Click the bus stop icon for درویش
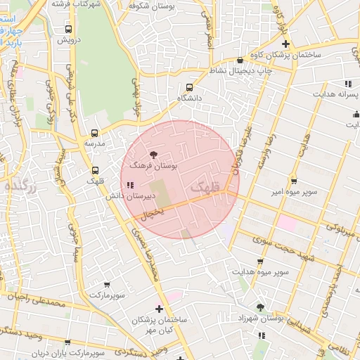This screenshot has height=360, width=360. [68, 29]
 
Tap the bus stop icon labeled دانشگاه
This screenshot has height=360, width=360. [189, 87]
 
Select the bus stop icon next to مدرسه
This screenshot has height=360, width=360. [95, 133]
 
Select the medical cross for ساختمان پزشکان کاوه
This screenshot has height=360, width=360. [285, 44]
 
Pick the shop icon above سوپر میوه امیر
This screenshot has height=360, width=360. [294, 180]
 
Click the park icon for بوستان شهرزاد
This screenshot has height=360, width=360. [260, 307]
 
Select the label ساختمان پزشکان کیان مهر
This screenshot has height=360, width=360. [160, 323]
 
